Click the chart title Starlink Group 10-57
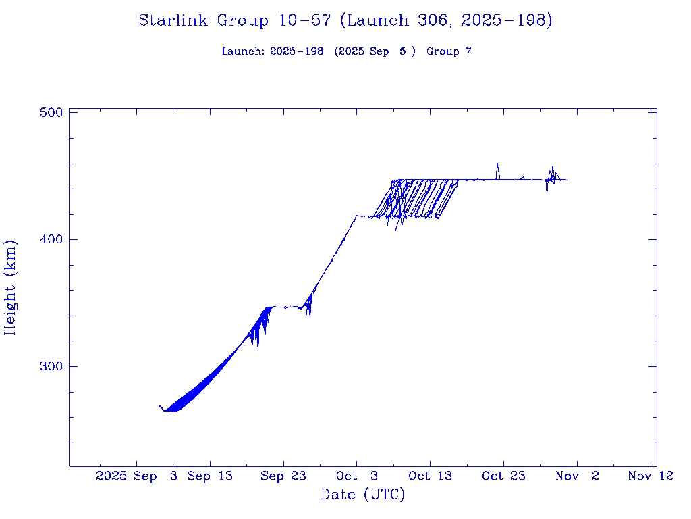[x=345, y=21]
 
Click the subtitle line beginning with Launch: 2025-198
[x=345, y=52]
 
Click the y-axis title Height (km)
[x=11, y=287]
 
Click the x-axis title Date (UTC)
[x=363, y=495]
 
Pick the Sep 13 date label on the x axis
[x=210, y=476]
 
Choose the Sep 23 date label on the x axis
[x=283, y=476]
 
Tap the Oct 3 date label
[x=356, y=476]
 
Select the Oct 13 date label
[x=430, y=476]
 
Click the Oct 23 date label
[x=503, y=476]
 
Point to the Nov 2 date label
[x=576, y=476]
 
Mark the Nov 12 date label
[x=650, y=476]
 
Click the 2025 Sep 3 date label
[x=137, y=476]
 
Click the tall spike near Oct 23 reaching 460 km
[x=497, y=164]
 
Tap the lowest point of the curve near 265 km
[x=172, y=410]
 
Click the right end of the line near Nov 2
[x=566, y=180]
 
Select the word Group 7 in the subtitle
[x=449, y=52]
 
